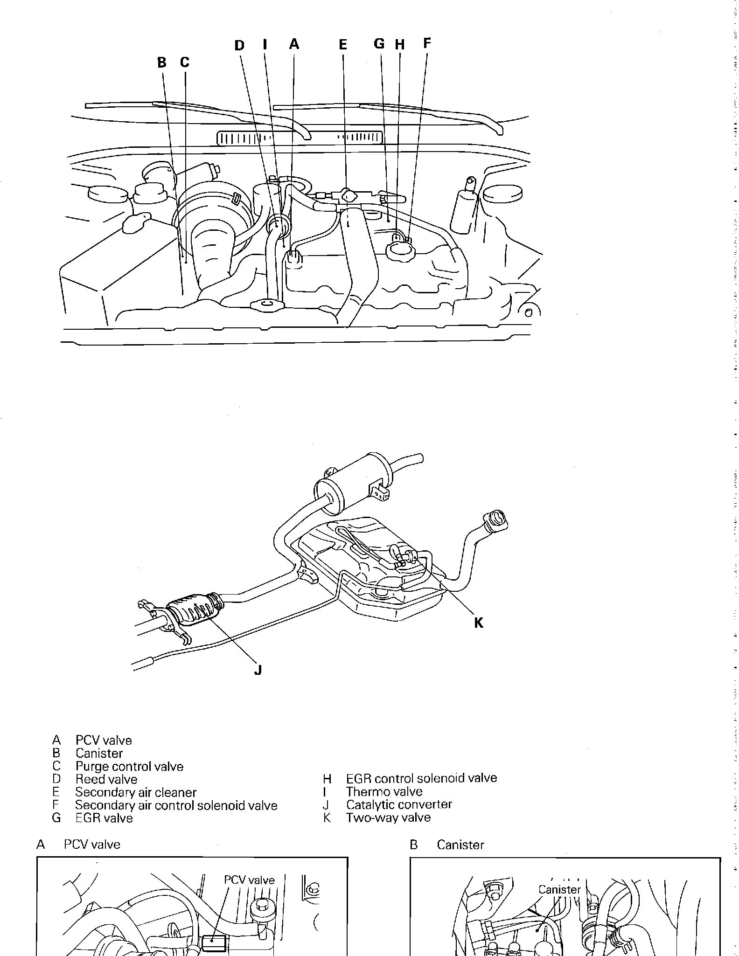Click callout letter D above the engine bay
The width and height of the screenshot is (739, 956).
click(239, 46)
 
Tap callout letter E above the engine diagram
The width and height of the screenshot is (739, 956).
click(343, 45)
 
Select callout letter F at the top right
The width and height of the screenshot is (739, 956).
click(427, 43)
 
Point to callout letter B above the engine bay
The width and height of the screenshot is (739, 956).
click(161, 62)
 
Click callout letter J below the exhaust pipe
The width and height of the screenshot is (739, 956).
click(258, 670)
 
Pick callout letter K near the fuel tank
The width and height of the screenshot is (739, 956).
click(479, 623)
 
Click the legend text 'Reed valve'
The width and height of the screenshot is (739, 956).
click(106, 779)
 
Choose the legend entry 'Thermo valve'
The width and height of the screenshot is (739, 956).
click(384, 792)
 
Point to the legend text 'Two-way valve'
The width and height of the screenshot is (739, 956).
click(388, 817)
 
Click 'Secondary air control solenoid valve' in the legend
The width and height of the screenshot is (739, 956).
click(176, 805)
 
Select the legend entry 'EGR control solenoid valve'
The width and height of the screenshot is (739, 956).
click(421, 778)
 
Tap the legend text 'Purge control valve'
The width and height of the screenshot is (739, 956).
click(129, 767)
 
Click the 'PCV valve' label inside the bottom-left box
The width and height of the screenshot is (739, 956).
click(249, 880)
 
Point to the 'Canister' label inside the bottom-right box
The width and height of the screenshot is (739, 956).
click(559, 889)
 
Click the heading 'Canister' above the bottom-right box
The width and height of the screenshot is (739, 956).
click(460, 845)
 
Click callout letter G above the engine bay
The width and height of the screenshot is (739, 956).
click(379, 44)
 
